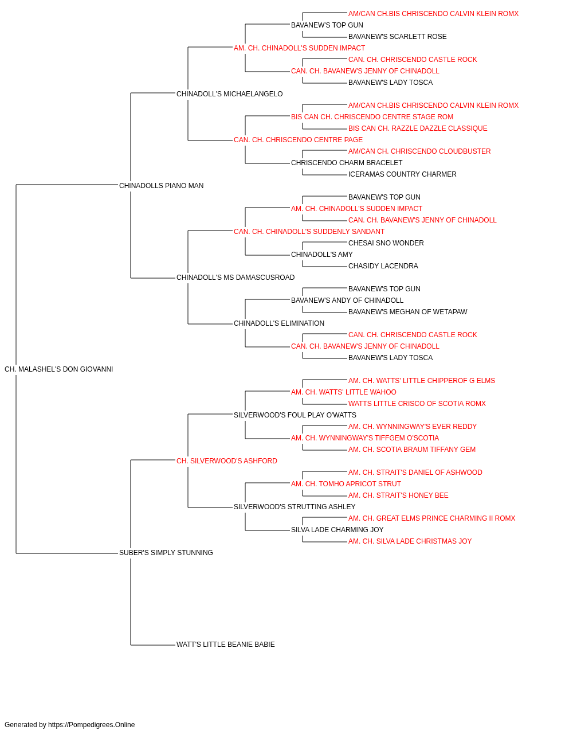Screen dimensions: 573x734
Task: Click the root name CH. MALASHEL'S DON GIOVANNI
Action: point(58,369)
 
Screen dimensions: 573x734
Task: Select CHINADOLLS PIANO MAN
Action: point(162,186)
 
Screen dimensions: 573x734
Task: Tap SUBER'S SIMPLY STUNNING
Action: point(166,553)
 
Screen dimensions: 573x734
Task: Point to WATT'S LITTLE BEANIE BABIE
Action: point(225,645)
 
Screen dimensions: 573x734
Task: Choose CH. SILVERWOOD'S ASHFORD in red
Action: point(227,461)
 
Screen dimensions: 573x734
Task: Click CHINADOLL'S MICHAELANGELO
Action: point(229,94)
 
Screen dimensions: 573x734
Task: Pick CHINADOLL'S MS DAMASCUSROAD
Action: point(236,278)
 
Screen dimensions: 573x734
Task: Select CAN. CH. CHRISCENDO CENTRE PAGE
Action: point(299,140)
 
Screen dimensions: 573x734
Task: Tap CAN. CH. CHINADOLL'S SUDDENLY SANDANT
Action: point(309,232)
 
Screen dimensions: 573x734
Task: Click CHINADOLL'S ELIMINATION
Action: point(279,323)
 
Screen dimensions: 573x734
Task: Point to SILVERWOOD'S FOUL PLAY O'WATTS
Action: point(295,415)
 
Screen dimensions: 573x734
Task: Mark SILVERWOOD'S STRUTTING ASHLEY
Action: point(295,507)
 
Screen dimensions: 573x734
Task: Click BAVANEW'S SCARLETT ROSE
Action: point(398,37)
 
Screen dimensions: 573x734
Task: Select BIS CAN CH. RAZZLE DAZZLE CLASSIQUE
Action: point(418,128)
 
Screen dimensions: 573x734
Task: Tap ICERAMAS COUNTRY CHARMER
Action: point(402,174)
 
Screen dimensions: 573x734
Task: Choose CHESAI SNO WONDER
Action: point(386,243)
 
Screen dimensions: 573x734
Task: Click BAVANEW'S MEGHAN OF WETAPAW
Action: point(407,312)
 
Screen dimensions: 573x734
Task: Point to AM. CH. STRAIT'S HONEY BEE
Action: point(398,495)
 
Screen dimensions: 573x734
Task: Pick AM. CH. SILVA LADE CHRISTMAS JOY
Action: point(410,541)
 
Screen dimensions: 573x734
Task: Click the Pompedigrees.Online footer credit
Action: point(69,725)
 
